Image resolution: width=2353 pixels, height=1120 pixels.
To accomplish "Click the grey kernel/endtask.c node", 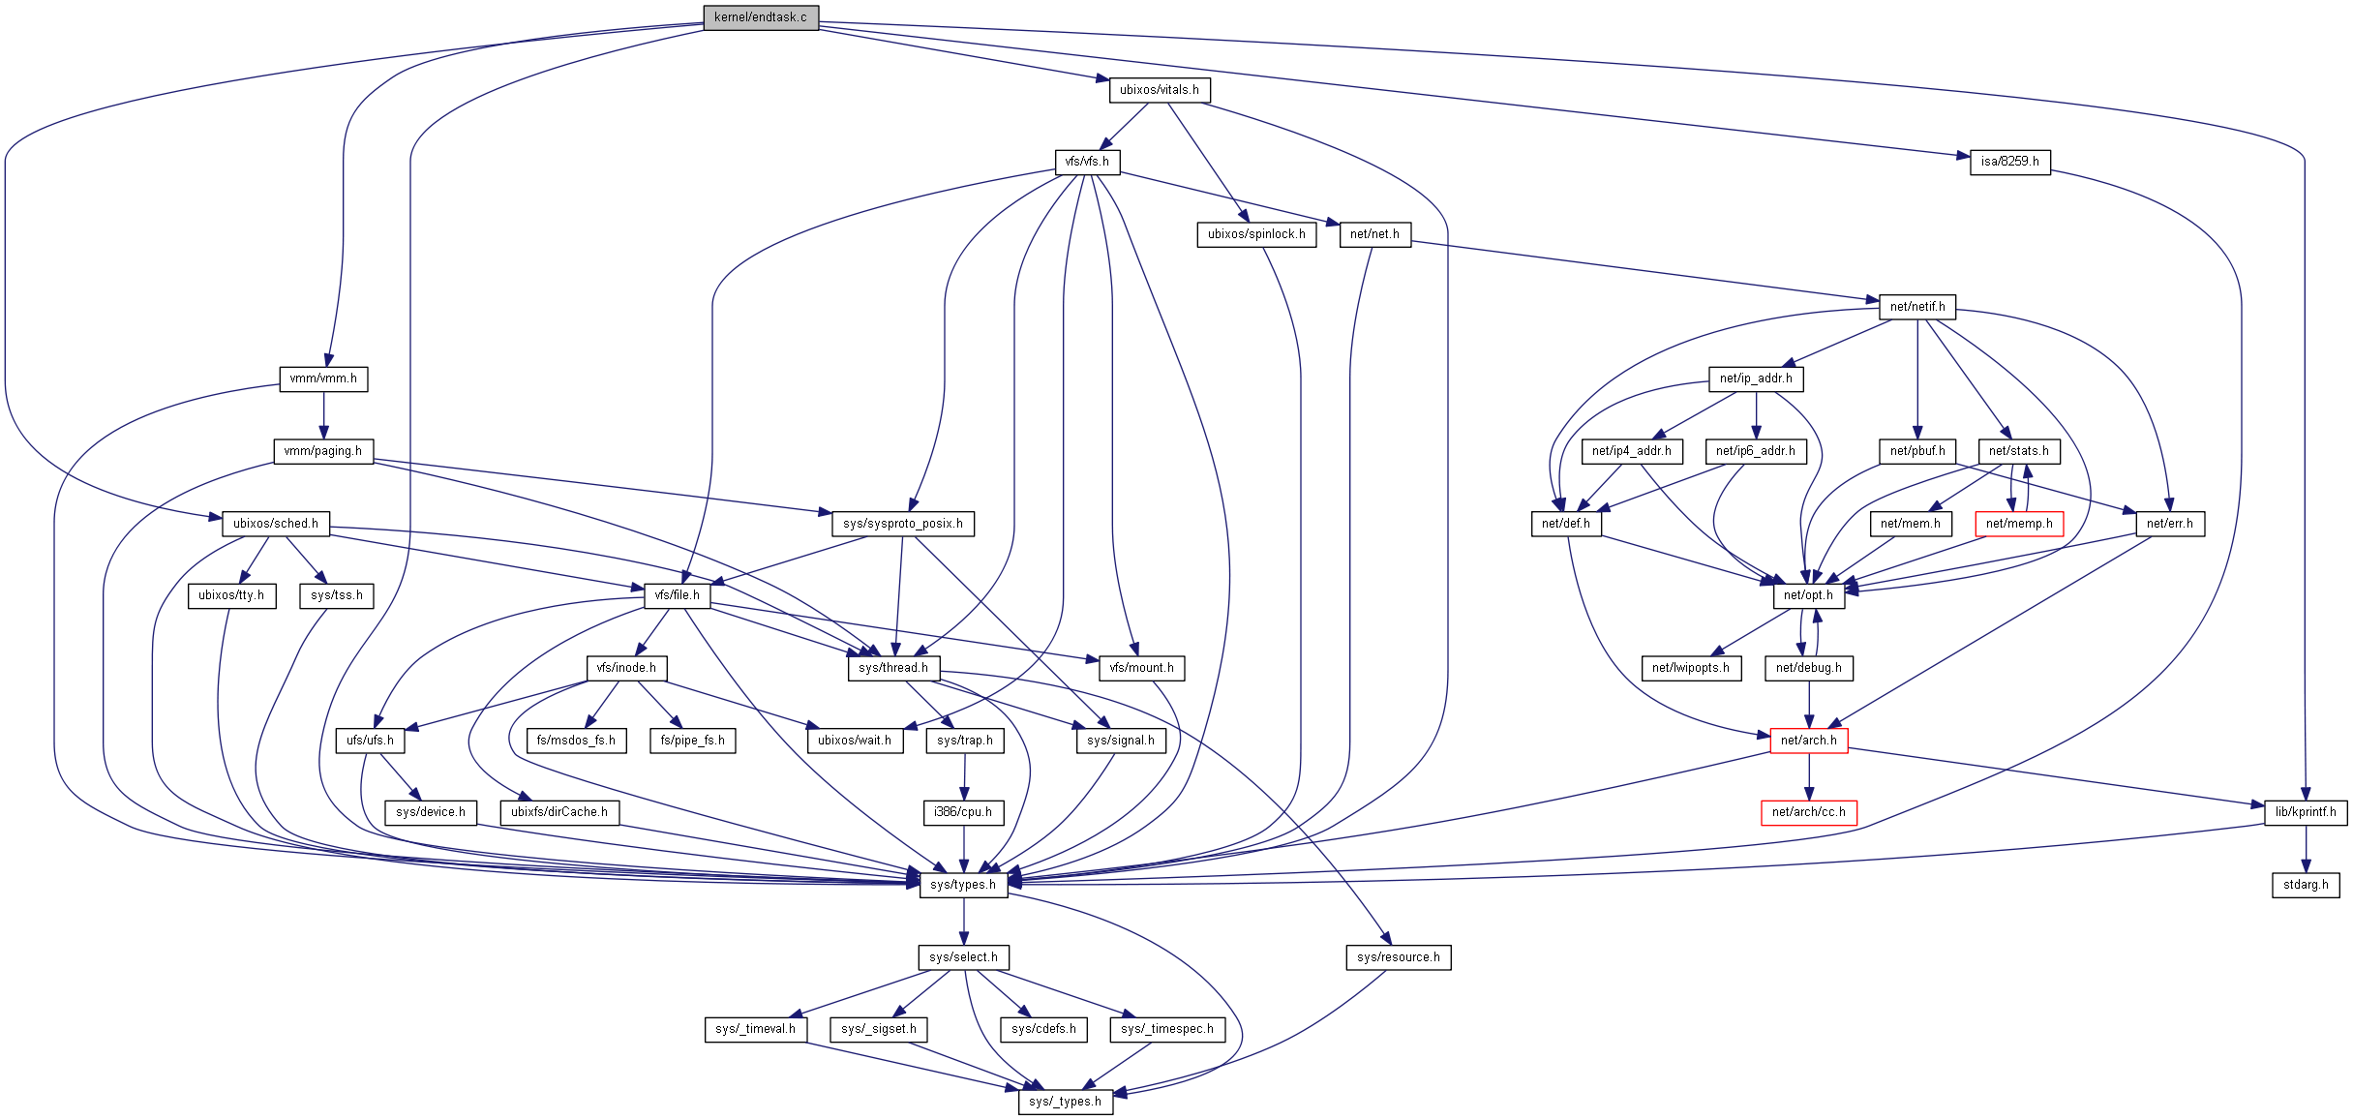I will [761, 17].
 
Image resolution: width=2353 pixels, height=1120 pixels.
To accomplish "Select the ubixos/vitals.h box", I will [1159, 90].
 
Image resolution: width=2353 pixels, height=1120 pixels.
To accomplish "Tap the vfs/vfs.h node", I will [1087, 162].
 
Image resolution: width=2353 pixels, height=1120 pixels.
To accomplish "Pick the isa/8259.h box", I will [2009, 162].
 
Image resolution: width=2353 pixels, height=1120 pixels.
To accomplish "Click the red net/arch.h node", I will [1808, 741].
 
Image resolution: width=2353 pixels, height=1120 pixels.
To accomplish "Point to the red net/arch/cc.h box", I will [1808, 812].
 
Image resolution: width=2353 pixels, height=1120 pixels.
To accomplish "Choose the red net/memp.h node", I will [2018, 524].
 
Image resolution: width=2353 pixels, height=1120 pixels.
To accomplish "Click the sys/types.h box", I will [963, 885].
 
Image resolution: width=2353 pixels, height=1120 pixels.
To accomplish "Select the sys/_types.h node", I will [1065, 1102].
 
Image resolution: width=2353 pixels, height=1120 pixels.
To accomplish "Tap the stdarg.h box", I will [2306, 885].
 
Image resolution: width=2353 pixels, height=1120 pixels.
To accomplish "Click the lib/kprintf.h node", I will [2306, 812].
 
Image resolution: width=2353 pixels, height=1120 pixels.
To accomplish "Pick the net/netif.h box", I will [1916, 307].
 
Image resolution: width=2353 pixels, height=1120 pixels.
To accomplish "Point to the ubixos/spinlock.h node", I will [1255, 234].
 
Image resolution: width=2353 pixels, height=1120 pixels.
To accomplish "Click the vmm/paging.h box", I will [323, 451].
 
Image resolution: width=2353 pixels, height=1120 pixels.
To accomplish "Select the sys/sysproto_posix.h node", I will [902, 524].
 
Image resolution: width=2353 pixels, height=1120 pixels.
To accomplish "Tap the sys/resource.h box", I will [1398, 957].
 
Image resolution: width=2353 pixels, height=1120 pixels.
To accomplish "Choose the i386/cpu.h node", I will [963, 812].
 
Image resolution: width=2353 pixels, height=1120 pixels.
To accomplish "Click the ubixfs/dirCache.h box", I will [558, 812].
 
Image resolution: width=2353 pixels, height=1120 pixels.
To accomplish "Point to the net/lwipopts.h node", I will [1690, 668].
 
